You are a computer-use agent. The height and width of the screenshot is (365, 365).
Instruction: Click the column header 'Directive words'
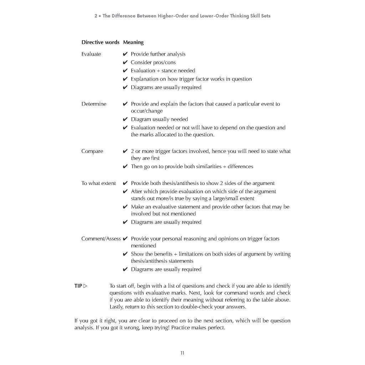tap(100, 42)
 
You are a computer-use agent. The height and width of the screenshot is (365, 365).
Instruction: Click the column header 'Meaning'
tap(133, 42)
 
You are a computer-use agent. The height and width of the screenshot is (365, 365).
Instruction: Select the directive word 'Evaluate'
tap(91, 54)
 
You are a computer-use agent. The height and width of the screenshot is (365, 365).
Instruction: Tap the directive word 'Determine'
tap(94, 104)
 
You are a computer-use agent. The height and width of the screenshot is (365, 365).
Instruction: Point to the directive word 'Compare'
tap(92, 151)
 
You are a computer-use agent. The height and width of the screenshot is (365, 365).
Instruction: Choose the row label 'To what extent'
tap(98, 183)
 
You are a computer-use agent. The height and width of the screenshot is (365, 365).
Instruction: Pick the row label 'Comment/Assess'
tap(101, 239)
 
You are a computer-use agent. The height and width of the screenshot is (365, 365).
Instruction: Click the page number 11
tap(182, 353)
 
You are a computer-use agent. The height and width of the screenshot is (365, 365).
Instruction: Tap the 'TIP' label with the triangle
tap(81, 286)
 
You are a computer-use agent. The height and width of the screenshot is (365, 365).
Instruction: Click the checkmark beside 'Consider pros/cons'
tap(125, 63)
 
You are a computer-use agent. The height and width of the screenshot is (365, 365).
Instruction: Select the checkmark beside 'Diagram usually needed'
tap(125, 119)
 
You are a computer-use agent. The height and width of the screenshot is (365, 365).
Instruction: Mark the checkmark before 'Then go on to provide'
tap(125, 167)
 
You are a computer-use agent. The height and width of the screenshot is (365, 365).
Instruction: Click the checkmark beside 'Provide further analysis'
tap(125, 54)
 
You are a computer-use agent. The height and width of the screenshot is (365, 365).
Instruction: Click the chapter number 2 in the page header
tap(96, 16)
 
